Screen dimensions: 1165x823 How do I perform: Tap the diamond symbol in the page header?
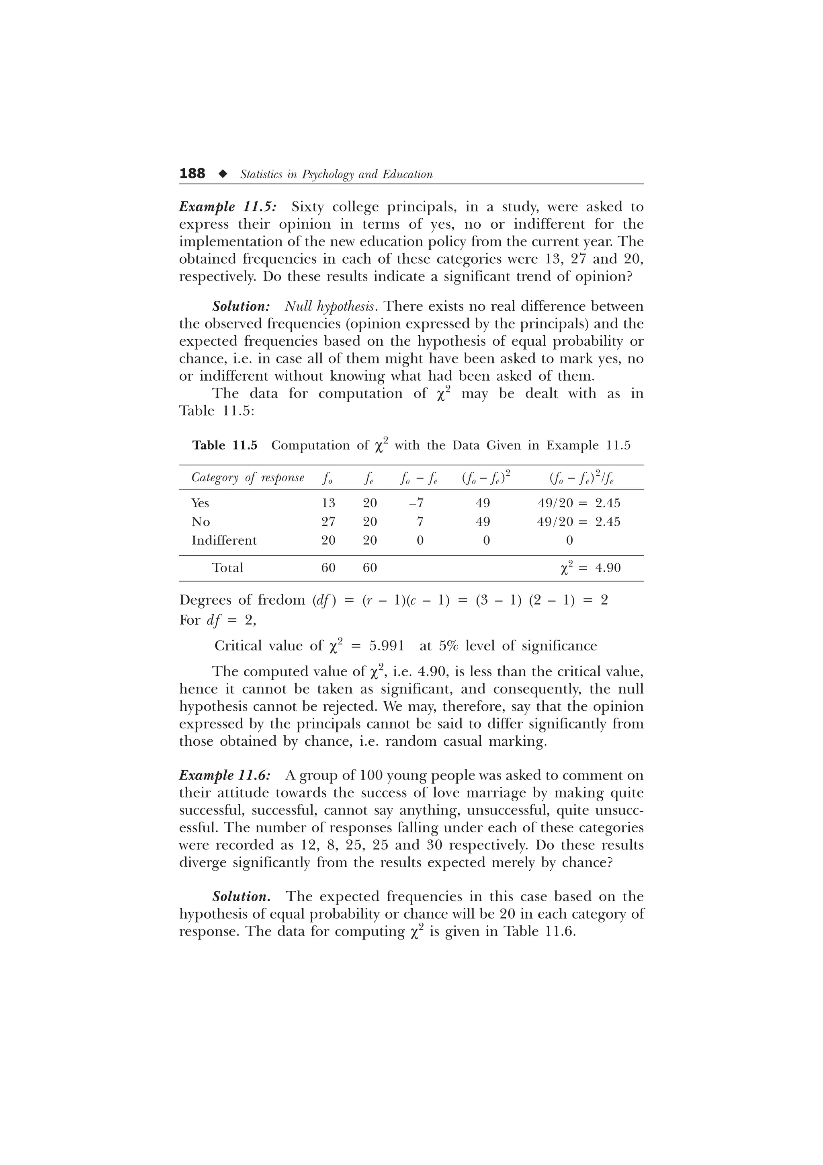coord(222,174)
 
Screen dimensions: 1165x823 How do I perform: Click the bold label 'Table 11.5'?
coord(225,445)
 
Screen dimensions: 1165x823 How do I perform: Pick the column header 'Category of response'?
coord(248,478)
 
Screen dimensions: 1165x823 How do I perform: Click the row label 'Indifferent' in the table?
coord(224,540)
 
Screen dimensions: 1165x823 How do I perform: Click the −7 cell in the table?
coord(416,503)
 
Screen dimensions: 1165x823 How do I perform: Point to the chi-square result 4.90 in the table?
coord(608,568)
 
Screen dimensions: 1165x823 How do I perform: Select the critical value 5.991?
coord(387,646)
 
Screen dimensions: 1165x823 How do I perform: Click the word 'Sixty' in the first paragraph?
coord(307,207)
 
